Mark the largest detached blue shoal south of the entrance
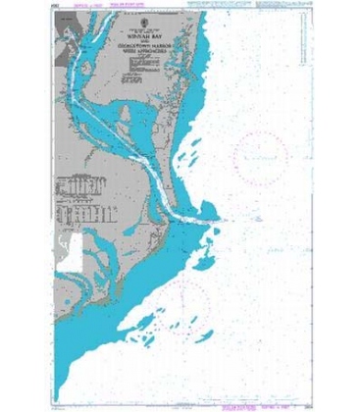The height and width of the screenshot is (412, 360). click(202, 257)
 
